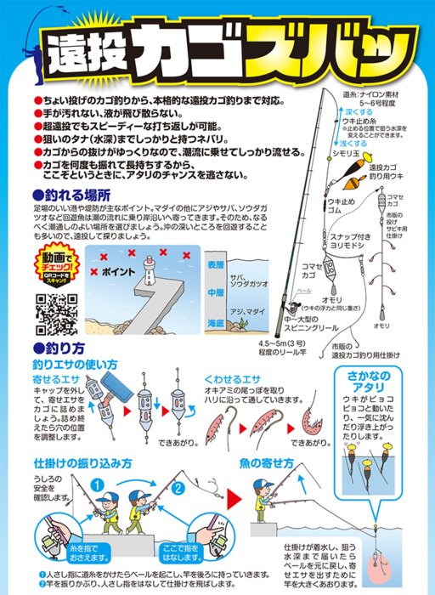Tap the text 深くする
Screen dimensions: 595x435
(359, 111)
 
